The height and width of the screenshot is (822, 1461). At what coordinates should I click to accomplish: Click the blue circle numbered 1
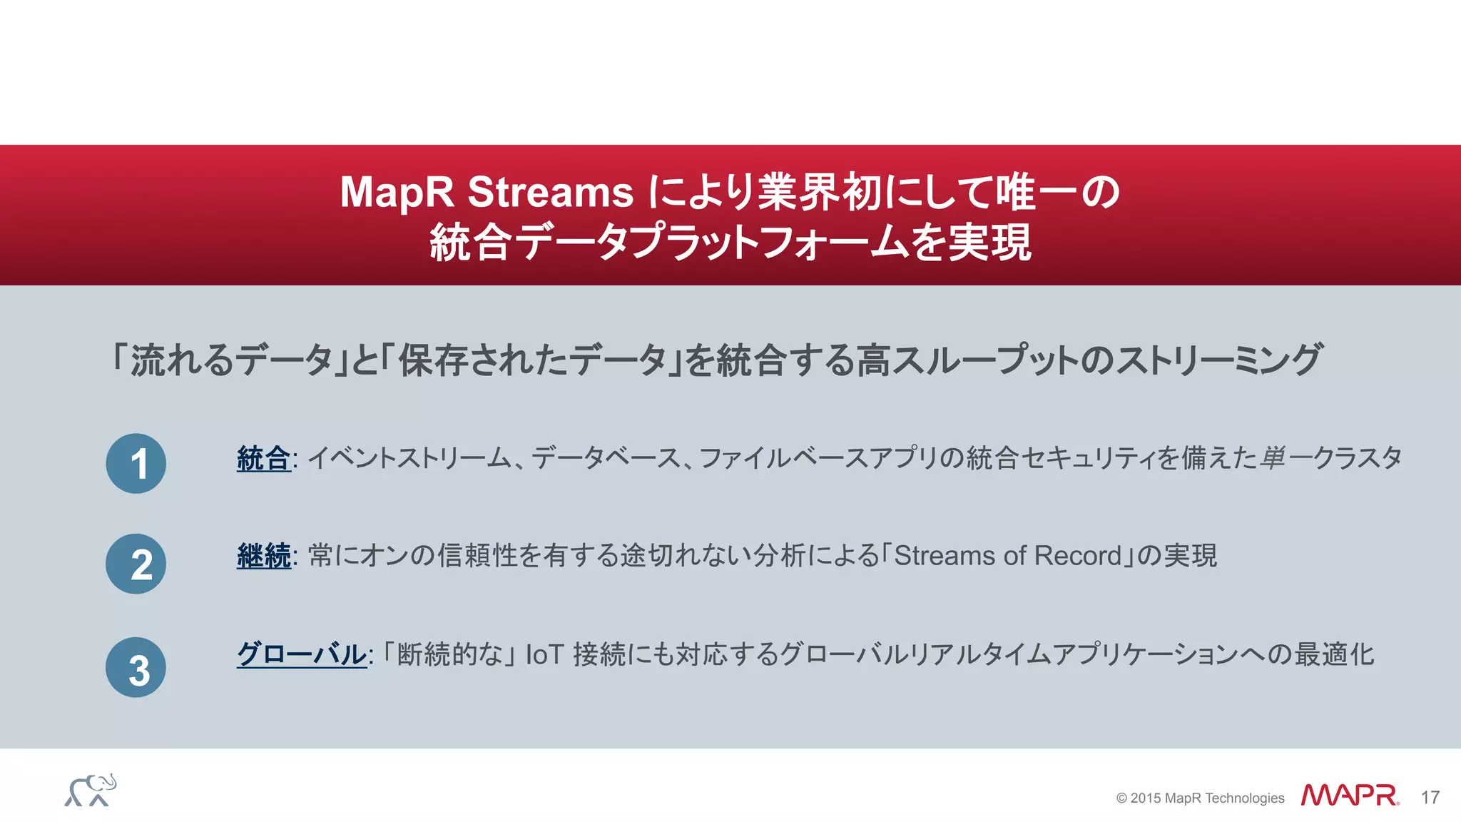pos(136,464)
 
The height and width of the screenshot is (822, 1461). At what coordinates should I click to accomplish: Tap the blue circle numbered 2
pos(136,564)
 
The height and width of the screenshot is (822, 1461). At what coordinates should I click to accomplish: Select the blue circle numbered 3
pos(136,668)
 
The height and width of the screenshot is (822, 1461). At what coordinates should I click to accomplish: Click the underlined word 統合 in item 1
pos(263,458)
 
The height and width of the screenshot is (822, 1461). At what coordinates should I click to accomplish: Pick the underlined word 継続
pos(263,556)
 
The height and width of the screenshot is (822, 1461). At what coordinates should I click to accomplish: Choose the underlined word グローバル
pos(301,654)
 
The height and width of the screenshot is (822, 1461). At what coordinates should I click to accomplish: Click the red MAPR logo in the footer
pos(1349,796)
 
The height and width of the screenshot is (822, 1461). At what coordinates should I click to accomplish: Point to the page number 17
pos(1430,798)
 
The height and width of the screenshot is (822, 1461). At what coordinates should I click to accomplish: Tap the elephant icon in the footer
pos(91,791)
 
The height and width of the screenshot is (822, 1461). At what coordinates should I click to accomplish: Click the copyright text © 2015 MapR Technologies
pos(1200,798)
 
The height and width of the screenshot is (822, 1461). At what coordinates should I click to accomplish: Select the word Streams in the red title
pos(550,192)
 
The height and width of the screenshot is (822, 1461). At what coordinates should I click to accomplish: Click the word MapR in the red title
pos(397,192)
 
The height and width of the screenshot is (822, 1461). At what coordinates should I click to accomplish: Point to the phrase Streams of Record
pos(1008,556)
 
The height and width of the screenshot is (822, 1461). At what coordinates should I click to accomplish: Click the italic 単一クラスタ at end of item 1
pos(1330,458)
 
